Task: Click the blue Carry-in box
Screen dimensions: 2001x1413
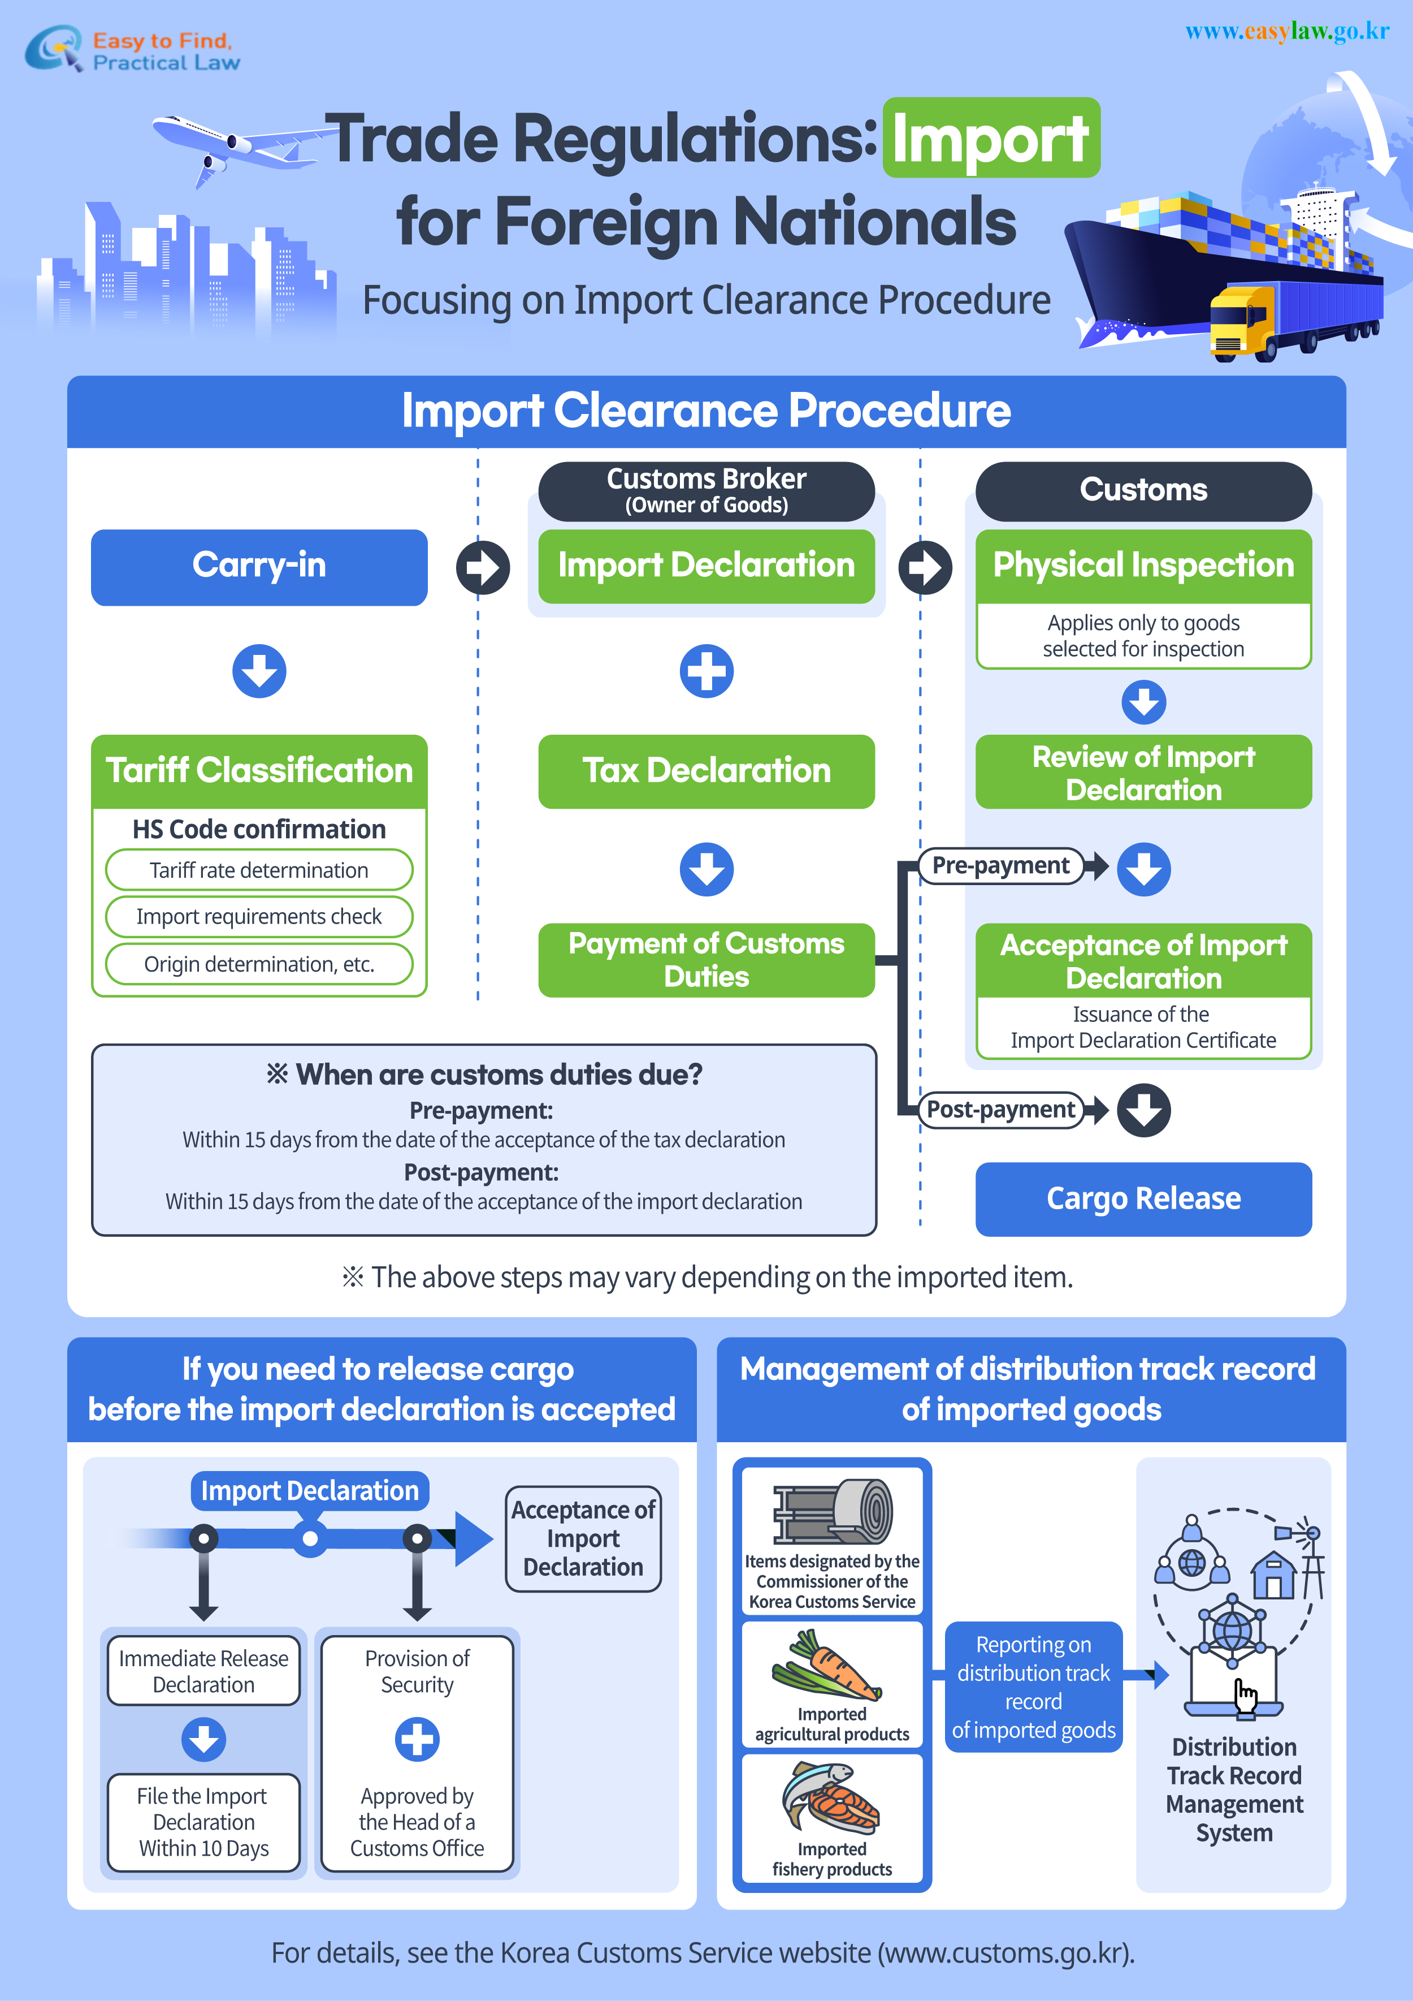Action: click(259, 567)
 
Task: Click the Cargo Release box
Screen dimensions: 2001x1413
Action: click(1143, 1198)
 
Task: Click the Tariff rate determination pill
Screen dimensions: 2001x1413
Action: click(259, 870)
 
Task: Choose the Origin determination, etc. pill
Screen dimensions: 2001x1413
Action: click(259, 964)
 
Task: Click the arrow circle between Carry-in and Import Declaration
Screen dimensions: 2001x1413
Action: click(483, 567)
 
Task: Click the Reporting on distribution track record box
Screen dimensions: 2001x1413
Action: click(1033, 1687)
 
